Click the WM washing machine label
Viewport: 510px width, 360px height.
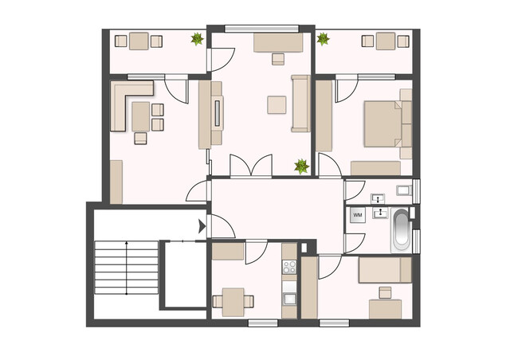coord(358,215)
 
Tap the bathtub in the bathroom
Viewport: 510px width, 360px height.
coord(401,230)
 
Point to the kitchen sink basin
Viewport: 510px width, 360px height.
coord(289,299)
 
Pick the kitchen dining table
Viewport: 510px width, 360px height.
coord(233,300)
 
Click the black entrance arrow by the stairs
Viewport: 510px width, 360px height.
coord(201,227)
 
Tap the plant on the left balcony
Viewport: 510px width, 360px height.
coord(195,37)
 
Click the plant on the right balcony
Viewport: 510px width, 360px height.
coord(323,37)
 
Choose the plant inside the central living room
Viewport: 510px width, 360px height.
coord(301,166)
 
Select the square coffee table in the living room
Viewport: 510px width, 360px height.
coord(277,105)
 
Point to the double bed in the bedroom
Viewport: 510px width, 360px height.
coord(385,123)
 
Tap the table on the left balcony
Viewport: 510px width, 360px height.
coord(139,41)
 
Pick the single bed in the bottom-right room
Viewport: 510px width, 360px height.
coord(385,271)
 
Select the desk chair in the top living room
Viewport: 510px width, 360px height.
coord(278,58)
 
